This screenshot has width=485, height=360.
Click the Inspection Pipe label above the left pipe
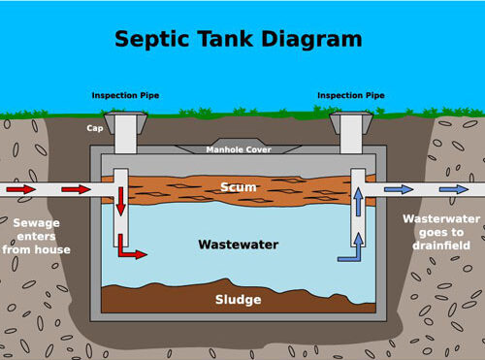point(125,95)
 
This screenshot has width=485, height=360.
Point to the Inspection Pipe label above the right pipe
point(350,95)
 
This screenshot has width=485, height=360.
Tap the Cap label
point(95,126)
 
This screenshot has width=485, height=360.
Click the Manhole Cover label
point(239,149)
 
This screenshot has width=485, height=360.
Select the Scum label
point(238,186)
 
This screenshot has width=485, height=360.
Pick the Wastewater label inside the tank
point(239,245)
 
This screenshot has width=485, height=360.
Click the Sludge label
point(238,300)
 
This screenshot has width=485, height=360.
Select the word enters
point(37,237)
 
